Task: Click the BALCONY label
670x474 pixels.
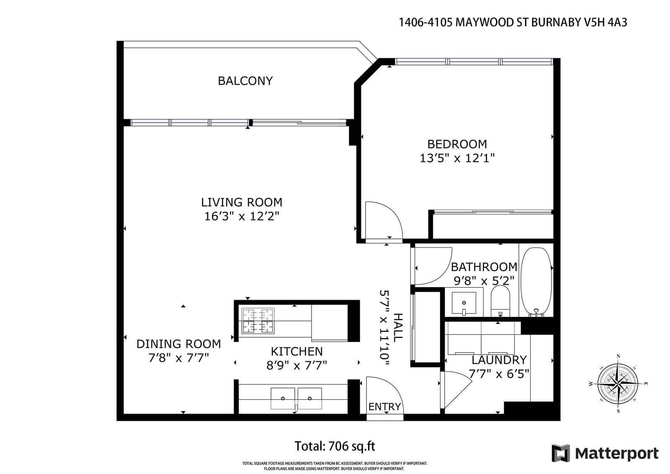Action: (245, 81)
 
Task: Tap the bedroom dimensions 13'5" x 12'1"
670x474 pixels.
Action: (457, 158)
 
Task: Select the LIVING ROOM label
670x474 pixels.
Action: (241, 202)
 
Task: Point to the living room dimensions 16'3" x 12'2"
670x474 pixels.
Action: (241, 216)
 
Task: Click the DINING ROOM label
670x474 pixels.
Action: (178, 344)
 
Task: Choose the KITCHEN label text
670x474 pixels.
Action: (297, 351)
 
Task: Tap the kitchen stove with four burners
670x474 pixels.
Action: (258, 321)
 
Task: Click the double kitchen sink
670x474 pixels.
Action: (296, 399)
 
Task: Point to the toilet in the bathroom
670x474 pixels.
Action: (500, 300)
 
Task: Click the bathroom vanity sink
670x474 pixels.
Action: (464, 303)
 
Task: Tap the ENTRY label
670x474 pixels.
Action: (384, 407)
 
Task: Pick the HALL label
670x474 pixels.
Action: (398, 328)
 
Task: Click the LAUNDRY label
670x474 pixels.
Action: (499, 360)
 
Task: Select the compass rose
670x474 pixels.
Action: (618, 383)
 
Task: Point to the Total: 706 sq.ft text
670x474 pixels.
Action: (335, 446)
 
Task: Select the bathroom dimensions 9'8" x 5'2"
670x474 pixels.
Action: (484, 281)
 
